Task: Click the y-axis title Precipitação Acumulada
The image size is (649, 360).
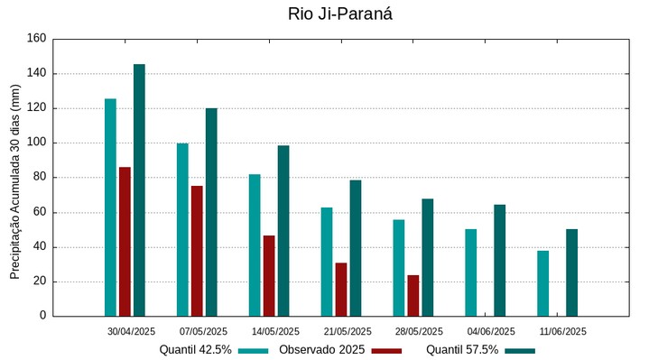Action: click(14, 180)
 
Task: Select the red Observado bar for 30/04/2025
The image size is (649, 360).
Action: click(125, 242)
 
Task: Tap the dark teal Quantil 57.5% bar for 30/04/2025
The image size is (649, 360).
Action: click(139, 190)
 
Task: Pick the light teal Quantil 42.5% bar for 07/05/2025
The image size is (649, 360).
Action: click(182, 230)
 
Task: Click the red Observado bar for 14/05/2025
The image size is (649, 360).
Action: click(269, 276)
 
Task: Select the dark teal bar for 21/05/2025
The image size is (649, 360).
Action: click(356, 248)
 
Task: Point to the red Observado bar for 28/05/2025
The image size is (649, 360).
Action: click(413, 296)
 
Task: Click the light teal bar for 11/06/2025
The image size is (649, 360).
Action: click(543, 283)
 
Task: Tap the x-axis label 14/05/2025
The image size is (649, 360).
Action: click(275, 331)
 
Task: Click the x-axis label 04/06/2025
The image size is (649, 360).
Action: click(492, 331)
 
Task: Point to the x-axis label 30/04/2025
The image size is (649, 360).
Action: click(131, 331)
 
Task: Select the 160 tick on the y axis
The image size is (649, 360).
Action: click(36, 39)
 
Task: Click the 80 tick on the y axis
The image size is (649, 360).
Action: click(39, 178)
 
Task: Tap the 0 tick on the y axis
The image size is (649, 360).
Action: click(42, 316)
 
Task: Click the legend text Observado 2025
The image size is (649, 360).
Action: click(321, 350)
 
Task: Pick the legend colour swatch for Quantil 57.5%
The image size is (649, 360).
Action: click(519, 350)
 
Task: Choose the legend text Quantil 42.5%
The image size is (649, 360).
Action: click(196, 350)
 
